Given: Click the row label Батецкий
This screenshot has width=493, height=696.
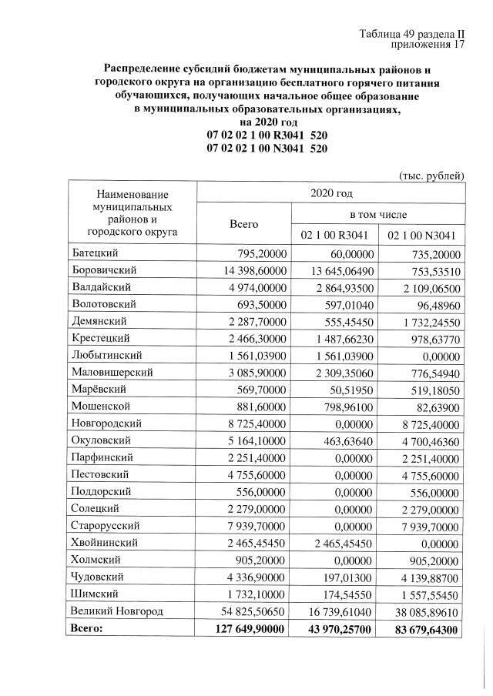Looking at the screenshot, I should point(96,253).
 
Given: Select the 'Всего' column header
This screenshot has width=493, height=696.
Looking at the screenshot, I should point(244,223).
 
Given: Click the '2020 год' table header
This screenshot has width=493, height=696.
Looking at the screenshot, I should point(330,192).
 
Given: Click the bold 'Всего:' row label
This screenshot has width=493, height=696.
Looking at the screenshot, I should point(86,628).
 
